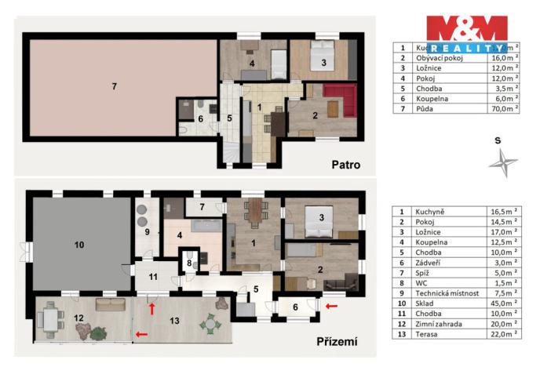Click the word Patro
[x=345, y=165]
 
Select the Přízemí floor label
[x=338, y=342]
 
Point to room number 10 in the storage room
[x=78, y=245]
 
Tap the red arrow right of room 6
[x=331, y=305]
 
